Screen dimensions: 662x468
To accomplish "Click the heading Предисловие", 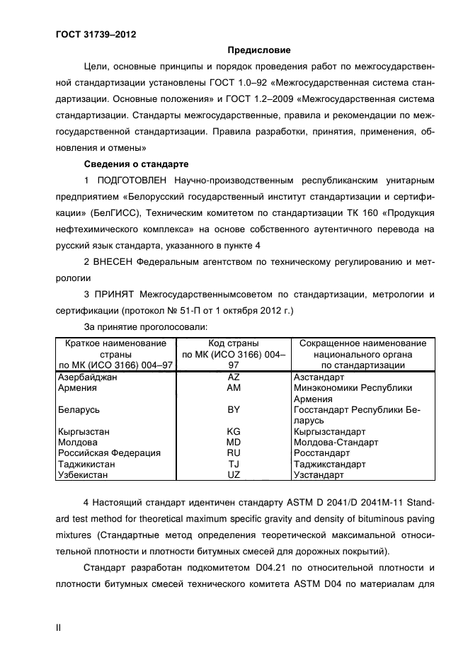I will (258, 50).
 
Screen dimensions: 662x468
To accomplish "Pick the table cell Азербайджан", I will (86, 377).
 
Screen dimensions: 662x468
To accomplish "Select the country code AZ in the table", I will (234, 377).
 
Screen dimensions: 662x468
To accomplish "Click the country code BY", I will (234, 409).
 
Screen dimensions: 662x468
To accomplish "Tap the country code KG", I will (234, 430).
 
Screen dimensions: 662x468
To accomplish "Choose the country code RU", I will (234, 452).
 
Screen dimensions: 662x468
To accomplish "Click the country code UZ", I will (234, 475).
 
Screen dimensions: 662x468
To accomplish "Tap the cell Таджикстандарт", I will (329, 464).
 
